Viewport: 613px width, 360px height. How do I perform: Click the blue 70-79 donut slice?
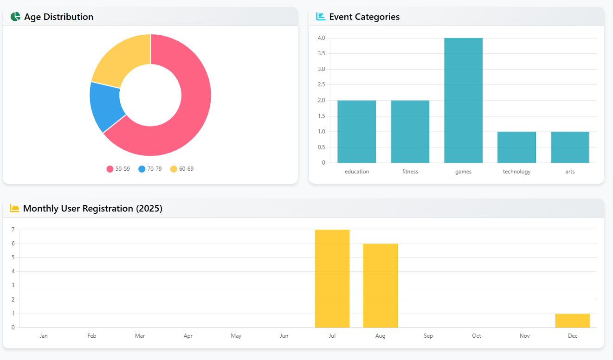(106, 107)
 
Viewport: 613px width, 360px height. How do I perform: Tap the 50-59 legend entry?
(118, 169)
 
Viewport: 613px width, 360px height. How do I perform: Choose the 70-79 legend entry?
(150, 169)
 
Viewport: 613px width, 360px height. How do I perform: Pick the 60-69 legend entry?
(182, 169)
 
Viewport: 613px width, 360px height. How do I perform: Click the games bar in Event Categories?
(463, 100)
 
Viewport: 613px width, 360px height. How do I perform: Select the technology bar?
(516, 147)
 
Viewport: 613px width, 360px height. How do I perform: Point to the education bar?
(356, 131)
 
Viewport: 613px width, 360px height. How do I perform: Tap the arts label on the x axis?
(570, 172)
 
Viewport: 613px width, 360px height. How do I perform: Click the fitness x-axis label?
(410, 172)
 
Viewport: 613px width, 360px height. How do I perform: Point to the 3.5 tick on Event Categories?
(321, 53)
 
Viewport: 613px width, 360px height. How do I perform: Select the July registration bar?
(332, 278)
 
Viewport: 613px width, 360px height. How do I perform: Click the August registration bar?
(380, 285)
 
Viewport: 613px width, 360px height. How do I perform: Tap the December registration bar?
(572, 321)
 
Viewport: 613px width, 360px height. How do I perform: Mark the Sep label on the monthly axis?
(428, 336)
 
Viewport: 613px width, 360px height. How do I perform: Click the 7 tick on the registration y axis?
(13, 230)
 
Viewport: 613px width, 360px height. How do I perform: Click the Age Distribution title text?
(58, 17)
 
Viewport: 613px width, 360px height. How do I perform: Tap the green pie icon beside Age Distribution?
(15, 17)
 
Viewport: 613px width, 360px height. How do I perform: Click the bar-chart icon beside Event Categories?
(320, 17)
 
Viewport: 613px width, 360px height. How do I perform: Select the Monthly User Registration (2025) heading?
(92, 208)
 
